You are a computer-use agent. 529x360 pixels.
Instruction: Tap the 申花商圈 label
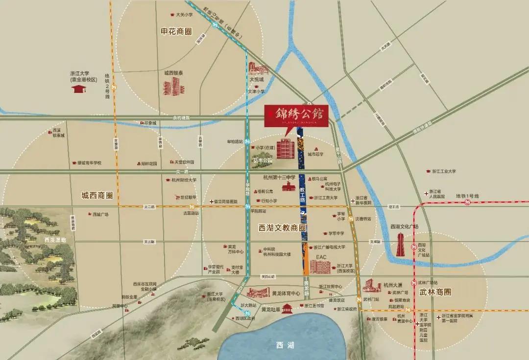(x=178, y=31)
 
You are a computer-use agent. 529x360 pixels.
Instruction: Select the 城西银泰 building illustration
(x=174, y=87)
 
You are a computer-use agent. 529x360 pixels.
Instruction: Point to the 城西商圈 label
(x=97, y=195)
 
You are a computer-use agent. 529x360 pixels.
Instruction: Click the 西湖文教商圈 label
(x=282, y=227)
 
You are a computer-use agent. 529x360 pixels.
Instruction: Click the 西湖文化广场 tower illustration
(x=401, y=244)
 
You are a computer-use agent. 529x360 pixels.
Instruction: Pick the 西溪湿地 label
(x=54, y=240)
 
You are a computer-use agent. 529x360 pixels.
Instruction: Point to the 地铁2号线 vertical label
(x=107, y=87)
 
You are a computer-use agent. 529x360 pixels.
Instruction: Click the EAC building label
(x=321, y=257)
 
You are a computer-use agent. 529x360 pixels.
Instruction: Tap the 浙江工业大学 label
(x=444, y=172)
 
